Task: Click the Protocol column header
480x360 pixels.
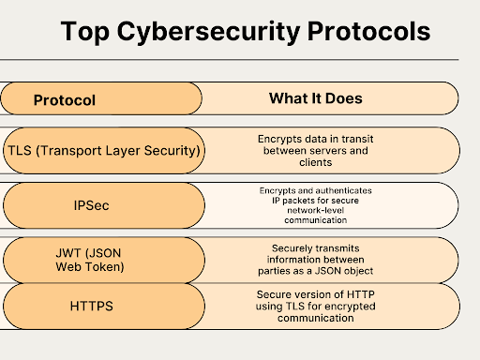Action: point(64,99)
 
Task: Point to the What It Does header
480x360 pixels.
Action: point(315,98)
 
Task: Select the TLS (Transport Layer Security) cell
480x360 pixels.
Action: point(103,150)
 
